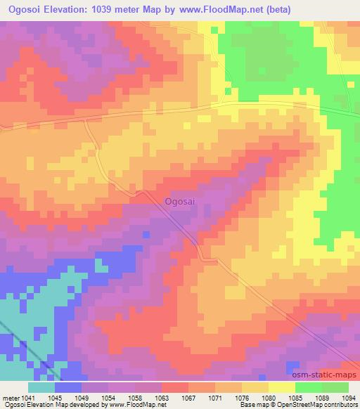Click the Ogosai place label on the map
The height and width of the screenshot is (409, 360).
(x=179, y=202)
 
